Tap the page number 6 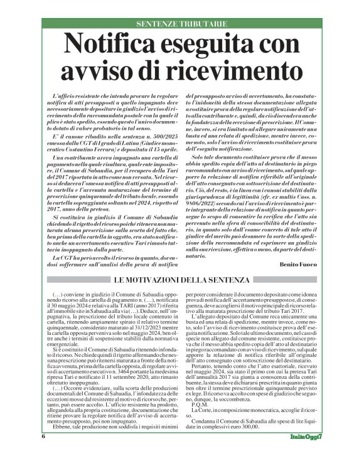(x=44, y=453)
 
